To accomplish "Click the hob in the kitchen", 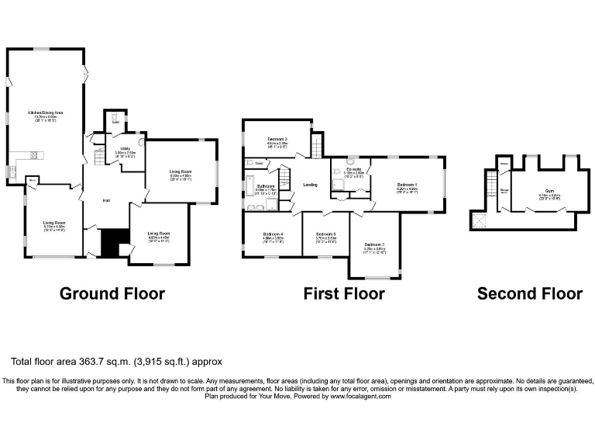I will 34,155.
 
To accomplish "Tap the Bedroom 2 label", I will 374,245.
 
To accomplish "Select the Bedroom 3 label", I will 277,139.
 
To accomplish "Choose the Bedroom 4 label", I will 273,234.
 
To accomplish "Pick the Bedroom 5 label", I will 325,234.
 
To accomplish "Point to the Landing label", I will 310,185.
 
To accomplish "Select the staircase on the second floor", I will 490,185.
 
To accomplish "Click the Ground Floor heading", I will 112,293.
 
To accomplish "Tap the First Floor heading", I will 343,293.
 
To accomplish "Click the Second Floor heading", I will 529,293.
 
